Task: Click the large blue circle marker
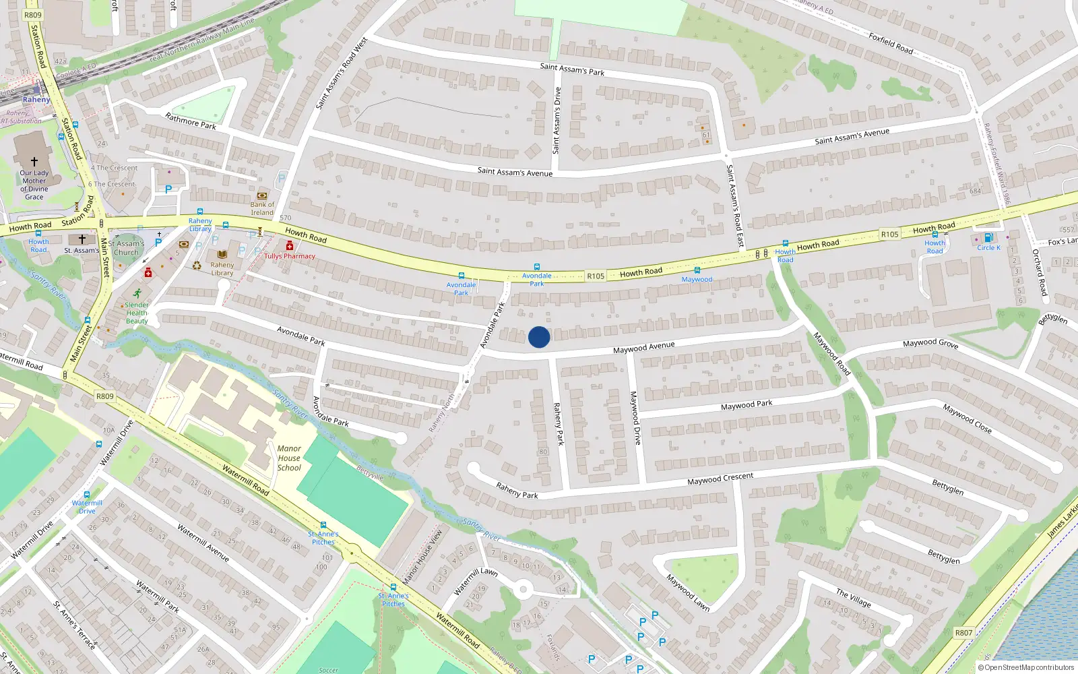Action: click(539, 337)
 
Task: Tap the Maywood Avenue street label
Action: click(643, 347)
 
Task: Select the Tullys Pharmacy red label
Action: click(290, 256)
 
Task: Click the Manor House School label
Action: click(289, 458)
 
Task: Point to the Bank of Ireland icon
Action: click(262, 195)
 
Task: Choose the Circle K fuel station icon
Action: click(988, 237)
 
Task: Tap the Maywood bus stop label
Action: click(697, 279)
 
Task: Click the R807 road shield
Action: click(963, 633)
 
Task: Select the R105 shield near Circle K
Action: click(889, 235)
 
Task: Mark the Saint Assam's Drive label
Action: click(557, 120)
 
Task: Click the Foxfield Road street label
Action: click(891, 44)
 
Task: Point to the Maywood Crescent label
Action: click(720, 479)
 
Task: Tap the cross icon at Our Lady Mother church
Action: click(34, 162)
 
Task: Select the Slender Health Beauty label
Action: click(137, 313)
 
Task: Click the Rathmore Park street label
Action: click(191, 121)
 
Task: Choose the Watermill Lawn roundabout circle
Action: click(523, 590)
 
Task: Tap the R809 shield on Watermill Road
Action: click(104, 396)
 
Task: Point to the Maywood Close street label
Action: click(967, 418)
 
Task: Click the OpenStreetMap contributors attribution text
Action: click(1025, 667)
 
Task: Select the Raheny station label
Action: click(36, 100)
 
